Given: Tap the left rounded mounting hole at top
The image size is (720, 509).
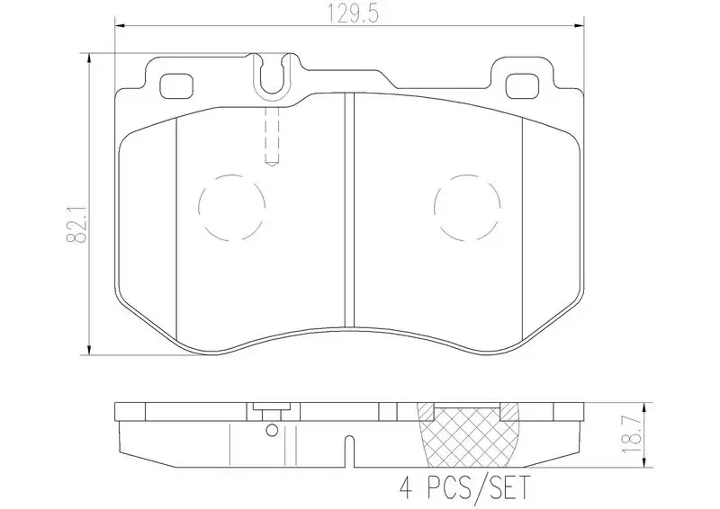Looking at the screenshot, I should (x=175, y=86).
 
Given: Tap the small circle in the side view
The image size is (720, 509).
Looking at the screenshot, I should (x=270, y=430).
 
